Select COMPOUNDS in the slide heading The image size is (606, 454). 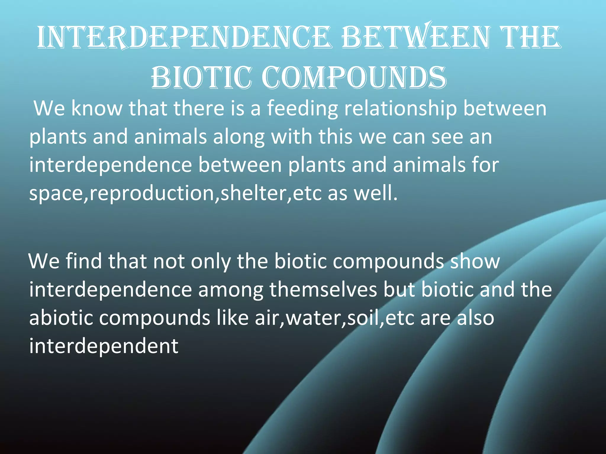click(x=354, y=78)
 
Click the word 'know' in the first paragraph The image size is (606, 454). click(x=96, y=108)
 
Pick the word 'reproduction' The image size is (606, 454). click(x=151, y=194)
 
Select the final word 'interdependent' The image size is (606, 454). click(x=104, y=346)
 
